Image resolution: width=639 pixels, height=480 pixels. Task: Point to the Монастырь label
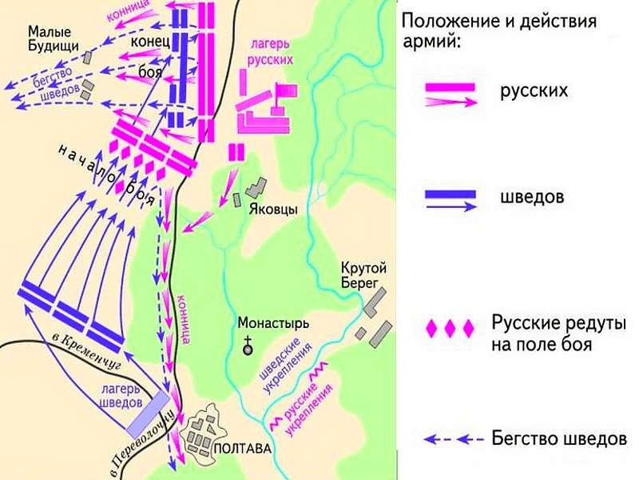[x=272, y=325]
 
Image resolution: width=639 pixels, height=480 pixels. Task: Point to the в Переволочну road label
[x=143, y=444]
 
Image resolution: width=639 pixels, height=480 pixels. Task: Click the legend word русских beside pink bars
[x=534, y=90]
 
